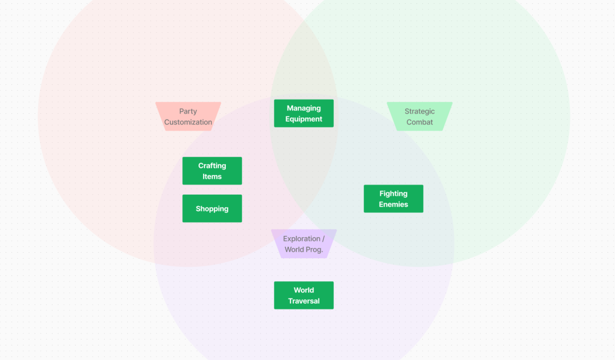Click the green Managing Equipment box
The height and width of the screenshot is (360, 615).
(304, 113)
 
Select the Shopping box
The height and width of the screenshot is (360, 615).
(212, 208)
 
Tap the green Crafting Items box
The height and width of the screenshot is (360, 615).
(212, 171)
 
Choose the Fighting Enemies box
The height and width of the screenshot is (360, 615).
(393, 199)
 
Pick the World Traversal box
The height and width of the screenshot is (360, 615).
(304, 295)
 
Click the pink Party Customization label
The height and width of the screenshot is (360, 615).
(188, 117)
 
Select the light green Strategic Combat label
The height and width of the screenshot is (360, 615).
(419, 117)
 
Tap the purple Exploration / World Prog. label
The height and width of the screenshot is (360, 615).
(304, 244)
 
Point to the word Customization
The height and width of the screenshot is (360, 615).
(188, 122)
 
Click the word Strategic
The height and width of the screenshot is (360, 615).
(419, 111)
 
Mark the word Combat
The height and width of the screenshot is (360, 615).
(419, 122)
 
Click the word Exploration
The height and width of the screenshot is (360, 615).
(302, 238)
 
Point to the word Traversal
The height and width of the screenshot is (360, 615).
(304, 301)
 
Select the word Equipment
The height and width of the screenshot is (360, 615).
(304, 119)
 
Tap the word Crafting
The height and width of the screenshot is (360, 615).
(212, 166)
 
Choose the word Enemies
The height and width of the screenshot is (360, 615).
(393, 204)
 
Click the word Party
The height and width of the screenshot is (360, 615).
(188, 111)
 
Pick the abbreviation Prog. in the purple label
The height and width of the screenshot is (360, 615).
(314, 249)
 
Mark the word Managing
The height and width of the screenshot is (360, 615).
(304, 108)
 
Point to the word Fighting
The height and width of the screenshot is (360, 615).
(393, 193)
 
